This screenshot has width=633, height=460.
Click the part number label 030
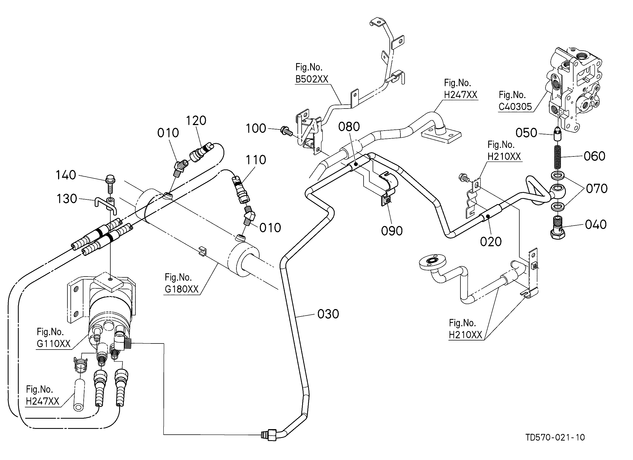point(328,314)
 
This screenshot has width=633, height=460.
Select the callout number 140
point(66,175)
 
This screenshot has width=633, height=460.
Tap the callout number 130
point(66,199)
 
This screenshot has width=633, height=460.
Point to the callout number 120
point(196,121)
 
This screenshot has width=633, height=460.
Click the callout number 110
point(256,160)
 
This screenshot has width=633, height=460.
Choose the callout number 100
point(256,128)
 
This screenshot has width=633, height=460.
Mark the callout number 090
point(392,231)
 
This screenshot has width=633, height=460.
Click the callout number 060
point(594,156)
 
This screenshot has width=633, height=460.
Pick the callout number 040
point(596,224)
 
